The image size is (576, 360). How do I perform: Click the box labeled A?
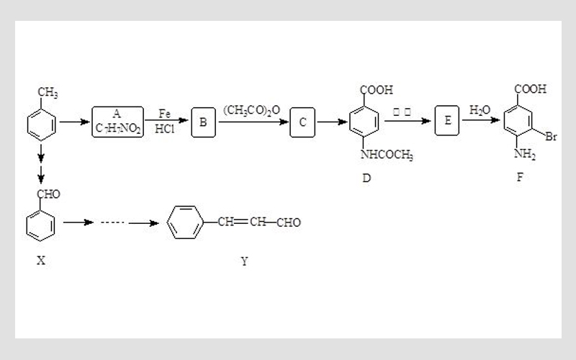[117, 122]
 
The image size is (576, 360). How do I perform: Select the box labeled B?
[204, 122]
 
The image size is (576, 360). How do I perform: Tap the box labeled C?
[303, 122]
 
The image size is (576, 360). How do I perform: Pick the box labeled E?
[447, 122]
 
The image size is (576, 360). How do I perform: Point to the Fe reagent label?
[164, 114]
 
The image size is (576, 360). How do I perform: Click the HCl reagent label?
[164, 131]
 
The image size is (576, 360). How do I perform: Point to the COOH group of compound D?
[377, 90]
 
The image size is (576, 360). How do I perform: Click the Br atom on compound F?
[552, 136]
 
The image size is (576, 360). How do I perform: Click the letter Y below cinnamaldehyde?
[244, 261]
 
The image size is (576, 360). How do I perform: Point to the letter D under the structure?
[366, 178]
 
